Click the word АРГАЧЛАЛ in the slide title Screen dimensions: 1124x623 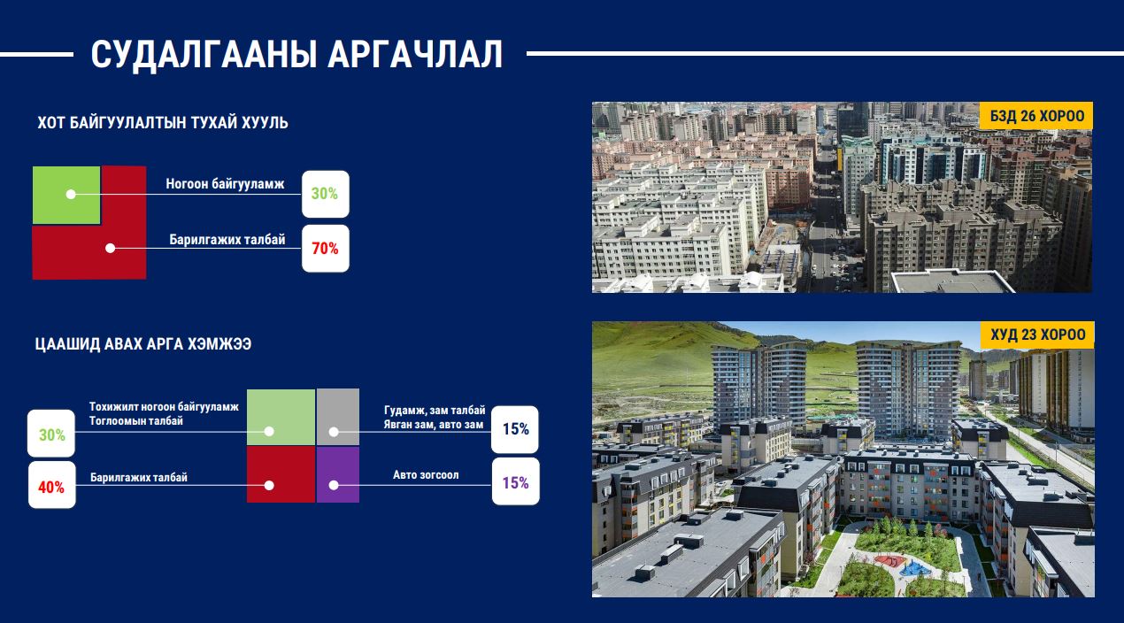(415, 54)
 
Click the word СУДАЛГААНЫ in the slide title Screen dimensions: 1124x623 (204, 55)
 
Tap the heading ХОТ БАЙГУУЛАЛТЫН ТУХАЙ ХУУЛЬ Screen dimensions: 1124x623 (163, 122)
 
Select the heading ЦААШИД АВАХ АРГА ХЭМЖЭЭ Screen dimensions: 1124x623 (143, 344)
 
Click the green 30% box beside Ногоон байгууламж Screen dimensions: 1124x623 (325, 194)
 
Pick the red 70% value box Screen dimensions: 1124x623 (325, 249)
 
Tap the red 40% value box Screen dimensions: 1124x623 (51, 485)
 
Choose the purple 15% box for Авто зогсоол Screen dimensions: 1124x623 (515, 481)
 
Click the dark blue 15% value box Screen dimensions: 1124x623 (515, 429)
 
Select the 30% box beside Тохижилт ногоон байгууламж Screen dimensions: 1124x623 (51, 434)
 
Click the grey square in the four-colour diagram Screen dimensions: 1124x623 (338, 417)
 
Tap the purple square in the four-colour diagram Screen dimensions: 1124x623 (338, 474)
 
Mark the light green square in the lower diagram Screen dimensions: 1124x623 (281, 418)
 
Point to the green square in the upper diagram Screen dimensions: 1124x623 (66, 195)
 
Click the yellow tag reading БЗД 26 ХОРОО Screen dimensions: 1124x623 (1036, 116)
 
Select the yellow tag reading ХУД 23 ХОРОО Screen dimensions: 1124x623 (1037, 335)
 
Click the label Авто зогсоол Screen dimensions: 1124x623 (426, 474)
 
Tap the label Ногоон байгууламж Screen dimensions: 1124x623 (225, 184)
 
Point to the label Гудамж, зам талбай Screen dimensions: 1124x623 (435, 411)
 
